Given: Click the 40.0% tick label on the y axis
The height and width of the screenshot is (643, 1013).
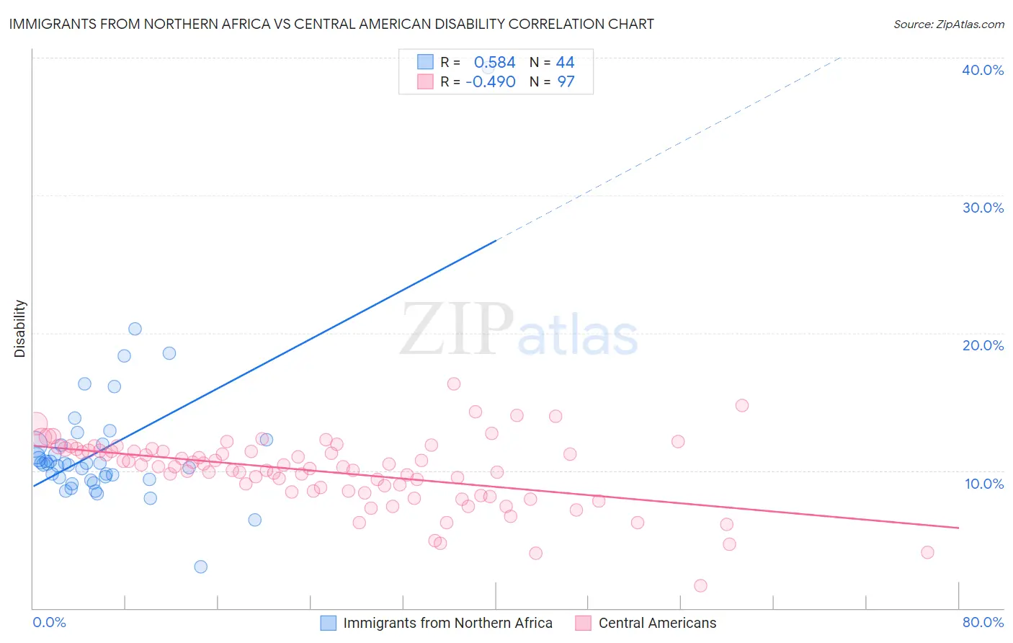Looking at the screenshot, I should tap(982, 70).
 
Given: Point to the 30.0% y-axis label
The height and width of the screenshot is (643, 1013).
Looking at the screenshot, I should tap(982, 208).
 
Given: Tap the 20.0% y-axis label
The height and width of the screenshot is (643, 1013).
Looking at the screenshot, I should tap(982, 345).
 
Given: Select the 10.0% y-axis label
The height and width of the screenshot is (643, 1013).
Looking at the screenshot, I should tap(983, 484).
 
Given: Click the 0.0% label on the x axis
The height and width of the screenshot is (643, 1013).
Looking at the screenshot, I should tap(49, 622).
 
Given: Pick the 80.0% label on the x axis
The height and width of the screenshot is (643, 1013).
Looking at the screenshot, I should tap(983, 622).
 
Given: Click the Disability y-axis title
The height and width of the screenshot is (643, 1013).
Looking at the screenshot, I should tap(20, 329).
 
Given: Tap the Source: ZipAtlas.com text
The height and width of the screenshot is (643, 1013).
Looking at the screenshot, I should tap(948, 25).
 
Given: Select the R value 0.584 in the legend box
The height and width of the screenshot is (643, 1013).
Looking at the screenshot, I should tap(494, 63).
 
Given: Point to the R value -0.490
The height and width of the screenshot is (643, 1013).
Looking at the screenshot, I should tap(490, 82).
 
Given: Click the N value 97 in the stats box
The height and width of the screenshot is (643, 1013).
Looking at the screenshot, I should tap(566, 82).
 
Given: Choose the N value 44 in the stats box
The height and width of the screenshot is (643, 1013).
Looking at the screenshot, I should tap(565, 63).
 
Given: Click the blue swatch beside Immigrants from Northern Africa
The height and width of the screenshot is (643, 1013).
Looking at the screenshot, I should tap(328, 623).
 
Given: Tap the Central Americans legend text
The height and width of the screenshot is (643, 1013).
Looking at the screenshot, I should tap(657, 623).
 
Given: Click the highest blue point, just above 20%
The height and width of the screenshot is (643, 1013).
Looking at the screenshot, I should tap(135, 329).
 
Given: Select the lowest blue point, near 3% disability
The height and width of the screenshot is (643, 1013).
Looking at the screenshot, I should tap(201, 567).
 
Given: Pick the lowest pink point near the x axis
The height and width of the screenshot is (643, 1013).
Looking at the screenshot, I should tap(700, 585).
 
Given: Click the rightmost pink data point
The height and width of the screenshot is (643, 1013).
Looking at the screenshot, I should tap(927, 552).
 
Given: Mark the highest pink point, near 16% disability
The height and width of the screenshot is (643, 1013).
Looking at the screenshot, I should tap(453, 383).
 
